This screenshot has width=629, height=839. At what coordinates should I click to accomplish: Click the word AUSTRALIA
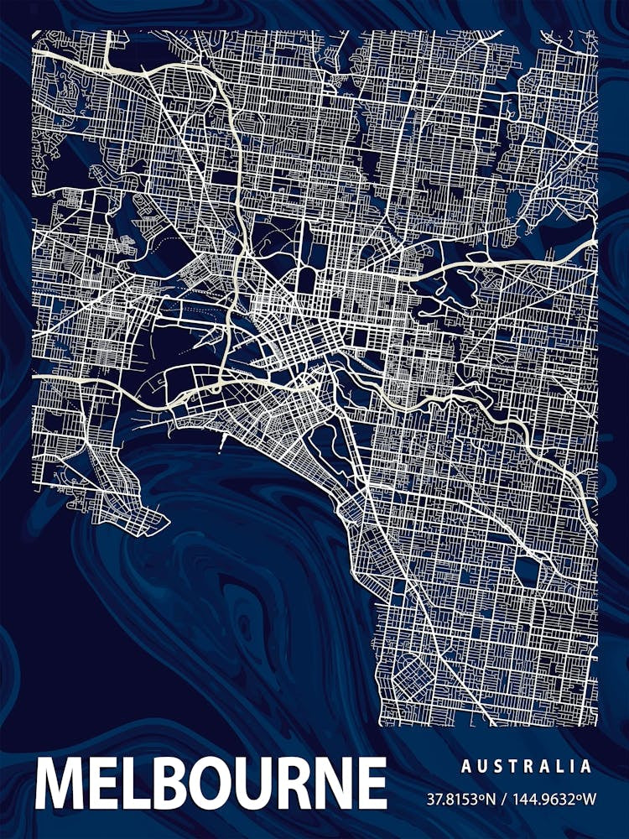(526, 766)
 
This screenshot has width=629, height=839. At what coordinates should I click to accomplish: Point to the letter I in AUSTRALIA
(572, 766)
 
